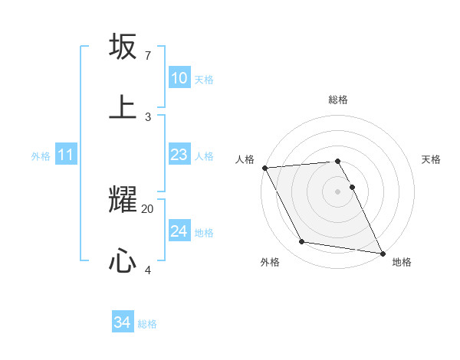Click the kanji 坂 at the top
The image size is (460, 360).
click(123, 47)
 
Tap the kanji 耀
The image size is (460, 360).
click(123, 200)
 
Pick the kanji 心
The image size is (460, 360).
click(123, 261)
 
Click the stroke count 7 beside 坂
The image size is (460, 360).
click(148, 55)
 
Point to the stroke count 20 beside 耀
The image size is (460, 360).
click(148, 208)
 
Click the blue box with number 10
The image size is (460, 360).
click(179, 78)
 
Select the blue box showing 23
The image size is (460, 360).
click(179, 155)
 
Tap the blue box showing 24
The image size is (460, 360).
click(179, 231)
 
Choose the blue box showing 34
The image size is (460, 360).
click(123, 322)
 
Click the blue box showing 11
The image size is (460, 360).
click(66, 155)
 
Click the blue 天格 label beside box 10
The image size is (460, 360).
click(204, 80)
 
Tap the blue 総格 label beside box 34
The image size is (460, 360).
click(147, 324)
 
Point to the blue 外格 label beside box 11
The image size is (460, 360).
click(41, 156)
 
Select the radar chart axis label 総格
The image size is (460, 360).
click(338, 100)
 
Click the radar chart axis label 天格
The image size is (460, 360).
click(432, 159)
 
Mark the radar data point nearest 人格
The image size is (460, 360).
click(264, 168)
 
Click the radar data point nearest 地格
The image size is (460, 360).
click(382, 252)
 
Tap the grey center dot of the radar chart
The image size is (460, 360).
click(338, 191)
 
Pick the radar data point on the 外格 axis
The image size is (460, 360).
click(301, 243)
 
